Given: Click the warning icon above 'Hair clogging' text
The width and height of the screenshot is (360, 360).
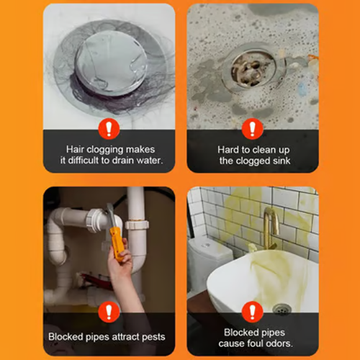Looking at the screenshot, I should point(109,129).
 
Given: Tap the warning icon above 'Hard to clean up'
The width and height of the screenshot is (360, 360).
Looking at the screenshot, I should point(252,129).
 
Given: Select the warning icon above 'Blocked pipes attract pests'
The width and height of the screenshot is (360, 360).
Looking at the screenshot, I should point(109,312).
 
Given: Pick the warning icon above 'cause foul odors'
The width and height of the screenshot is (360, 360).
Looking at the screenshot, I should point(252,312).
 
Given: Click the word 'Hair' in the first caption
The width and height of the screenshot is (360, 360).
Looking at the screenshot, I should point(76,149).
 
